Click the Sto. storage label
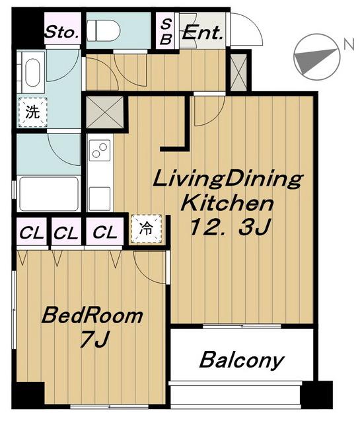tap(63, 32)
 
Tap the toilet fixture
tap(104, 31)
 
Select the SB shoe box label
tap(166, 32)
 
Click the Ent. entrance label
tap(203, 33)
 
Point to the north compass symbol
tap(316, 57)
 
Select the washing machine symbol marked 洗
tap(32, 112)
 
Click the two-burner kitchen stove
tap(100, 151)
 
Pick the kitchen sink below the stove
tap(100, 198)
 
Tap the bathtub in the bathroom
tap(49, 194)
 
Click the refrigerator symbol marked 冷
tap(146, 229)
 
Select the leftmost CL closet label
tap(32, 233)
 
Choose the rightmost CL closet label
tap(105, 232)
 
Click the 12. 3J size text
tap(229, 227)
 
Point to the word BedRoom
tap(92, 316)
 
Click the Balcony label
tap(242, 360)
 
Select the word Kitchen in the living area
tap(227, 203)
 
